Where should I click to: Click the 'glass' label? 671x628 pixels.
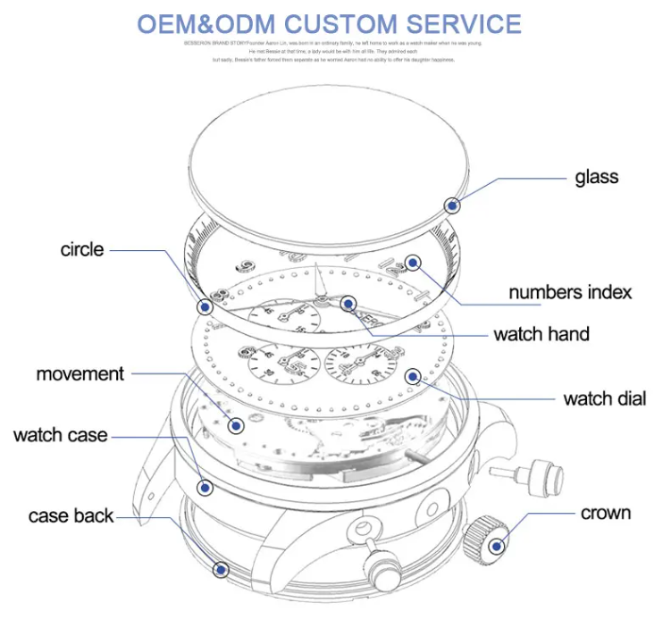pos(596,176)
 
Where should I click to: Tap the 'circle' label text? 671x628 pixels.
pos(82,249)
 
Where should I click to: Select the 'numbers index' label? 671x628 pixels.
pos(570,292)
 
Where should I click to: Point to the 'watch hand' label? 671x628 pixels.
pos(541,334)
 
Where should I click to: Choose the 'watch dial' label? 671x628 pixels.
pos(604,398)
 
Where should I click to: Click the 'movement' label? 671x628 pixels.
pos(80,373)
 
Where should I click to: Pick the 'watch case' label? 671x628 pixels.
pos(60,435)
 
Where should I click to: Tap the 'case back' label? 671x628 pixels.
pos(71,515)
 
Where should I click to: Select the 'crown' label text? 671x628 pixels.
pos(606,513)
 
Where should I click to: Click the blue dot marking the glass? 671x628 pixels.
pos(453,205)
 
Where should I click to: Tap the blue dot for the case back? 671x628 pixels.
pos(220,567)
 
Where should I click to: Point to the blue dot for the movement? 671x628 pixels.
pos(236,426)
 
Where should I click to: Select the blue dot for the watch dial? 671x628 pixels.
pos(412,376)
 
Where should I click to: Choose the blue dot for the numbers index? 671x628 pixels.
pos(412,262)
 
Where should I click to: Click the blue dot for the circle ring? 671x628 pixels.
pos(205,306)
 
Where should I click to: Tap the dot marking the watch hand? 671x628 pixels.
pos(348,304)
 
